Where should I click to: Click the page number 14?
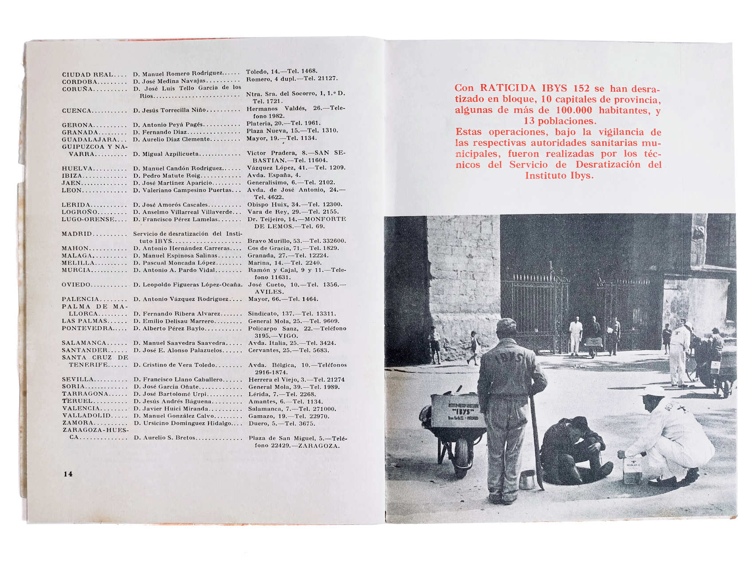pos(68,474)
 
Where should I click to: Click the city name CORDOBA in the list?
pos(80,82)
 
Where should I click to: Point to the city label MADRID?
pos(77,234)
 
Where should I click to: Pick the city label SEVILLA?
pos(78,379)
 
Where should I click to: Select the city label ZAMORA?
pos(78,423)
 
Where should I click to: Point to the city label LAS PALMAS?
pos(84,321)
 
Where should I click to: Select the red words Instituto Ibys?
pos(559,175)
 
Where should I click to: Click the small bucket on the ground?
pos(527,479)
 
